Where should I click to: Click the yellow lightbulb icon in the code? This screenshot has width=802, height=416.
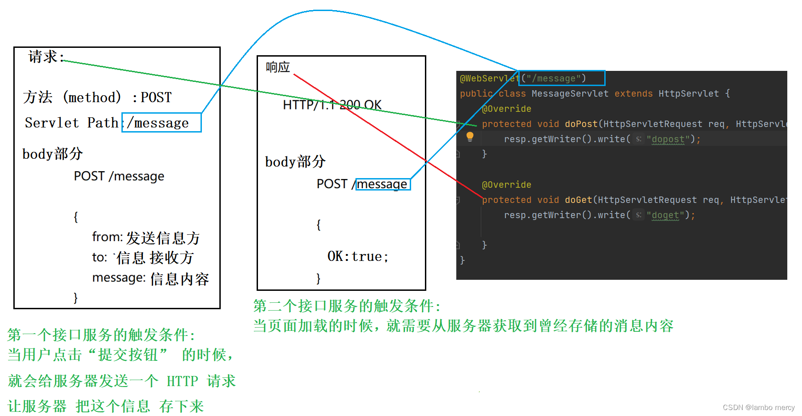coord(470,137)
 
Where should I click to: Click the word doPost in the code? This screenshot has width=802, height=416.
coord(581,124)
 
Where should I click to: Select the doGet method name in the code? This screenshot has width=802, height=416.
coord(578,200)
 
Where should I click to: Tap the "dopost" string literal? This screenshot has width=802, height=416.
coord(668,139)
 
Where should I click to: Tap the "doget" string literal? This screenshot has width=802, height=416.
coord(665,215)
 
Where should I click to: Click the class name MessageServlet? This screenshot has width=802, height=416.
coord(570,93)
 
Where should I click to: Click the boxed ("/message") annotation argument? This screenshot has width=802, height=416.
coord(561,78)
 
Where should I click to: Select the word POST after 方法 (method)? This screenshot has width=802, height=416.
coord(156,97)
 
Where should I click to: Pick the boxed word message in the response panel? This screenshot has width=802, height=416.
coord(382,184)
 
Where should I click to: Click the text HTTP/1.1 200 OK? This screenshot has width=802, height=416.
coord(332,105)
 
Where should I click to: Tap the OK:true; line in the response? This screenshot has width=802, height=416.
coord(357,256)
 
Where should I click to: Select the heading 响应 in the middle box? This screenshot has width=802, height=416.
coord(278,67)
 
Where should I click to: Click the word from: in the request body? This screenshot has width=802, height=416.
coord(107,237)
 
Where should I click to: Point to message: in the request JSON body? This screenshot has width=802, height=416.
coord(119,277)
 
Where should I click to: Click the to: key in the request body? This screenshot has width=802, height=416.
coord(99,257)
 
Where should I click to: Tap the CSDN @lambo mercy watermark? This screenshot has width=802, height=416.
coord(758,407)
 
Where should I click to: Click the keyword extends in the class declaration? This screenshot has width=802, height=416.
coord(633,93)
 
